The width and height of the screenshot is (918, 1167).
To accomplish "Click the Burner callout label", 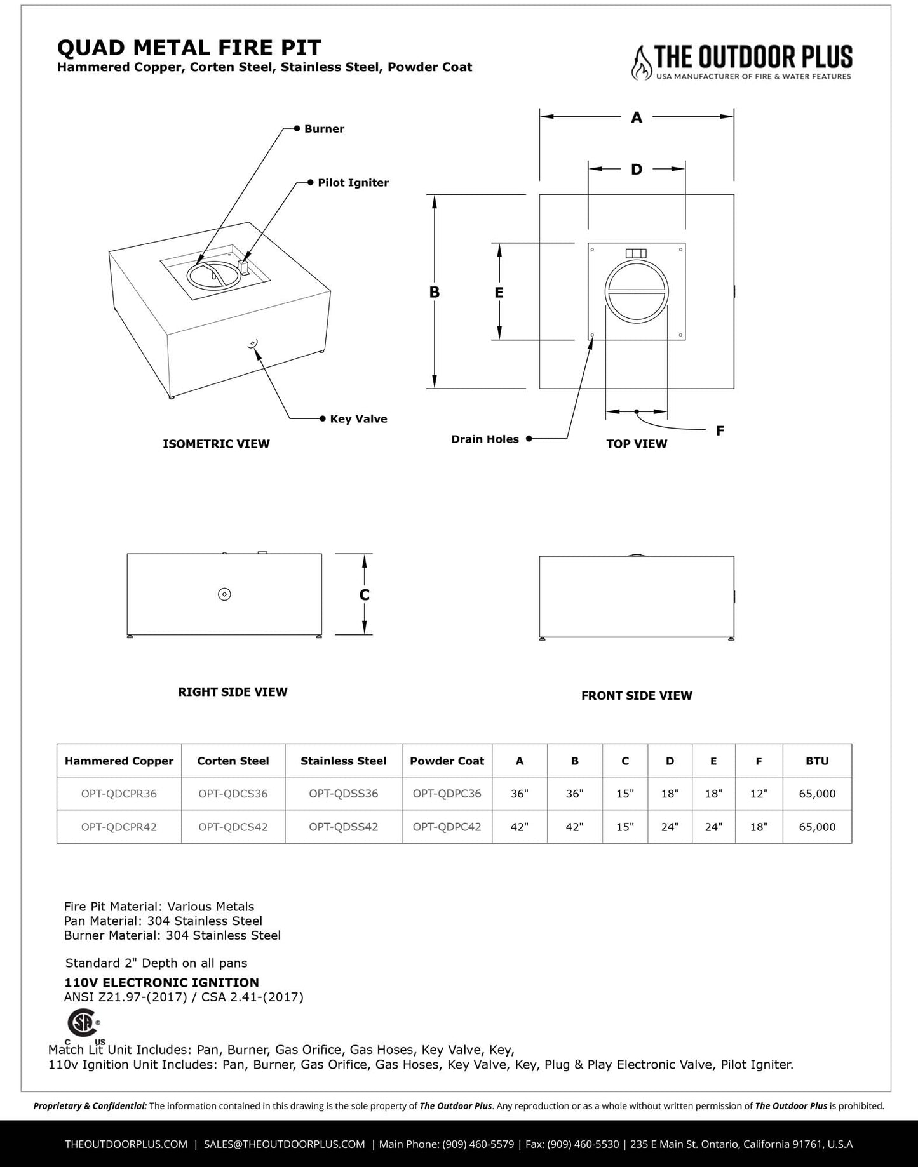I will (324, 129).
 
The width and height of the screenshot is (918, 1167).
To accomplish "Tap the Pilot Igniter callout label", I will (353, 183).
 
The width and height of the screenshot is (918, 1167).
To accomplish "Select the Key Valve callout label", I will (358, 419).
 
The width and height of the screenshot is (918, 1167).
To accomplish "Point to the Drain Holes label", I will (485, 439).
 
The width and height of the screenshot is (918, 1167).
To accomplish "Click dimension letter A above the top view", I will (637, 117).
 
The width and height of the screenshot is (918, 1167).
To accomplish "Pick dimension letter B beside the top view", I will (435, 292).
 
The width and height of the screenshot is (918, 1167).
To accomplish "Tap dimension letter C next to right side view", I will (364, 595).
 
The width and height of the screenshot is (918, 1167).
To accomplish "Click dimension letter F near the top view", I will (720, 431).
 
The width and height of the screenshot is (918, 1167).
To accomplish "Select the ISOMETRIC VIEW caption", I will (216, 444).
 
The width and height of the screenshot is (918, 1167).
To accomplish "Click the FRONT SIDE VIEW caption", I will (637, 696).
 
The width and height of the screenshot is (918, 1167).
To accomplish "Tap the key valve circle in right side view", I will (224, 594).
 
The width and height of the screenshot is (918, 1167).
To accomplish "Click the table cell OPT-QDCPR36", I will (119, 794).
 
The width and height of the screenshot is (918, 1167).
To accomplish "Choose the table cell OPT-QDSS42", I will (343, 827).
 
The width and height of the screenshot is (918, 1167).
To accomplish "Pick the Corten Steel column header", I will (233, 761).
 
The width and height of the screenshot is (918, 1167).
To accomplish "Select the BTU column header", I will (817, 761).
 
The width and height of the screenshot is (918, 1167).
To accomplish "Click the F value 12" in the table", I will (759, 794).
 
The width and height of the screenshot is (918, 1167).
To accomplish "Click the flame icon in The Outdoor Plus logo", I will (642, 63).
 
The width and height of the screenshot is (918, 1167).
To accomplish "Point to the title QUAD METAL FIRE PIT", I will (189, 48).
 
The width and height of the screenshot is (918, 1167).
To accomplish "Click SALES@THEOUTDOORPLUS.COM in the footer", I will (285, 1144).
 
